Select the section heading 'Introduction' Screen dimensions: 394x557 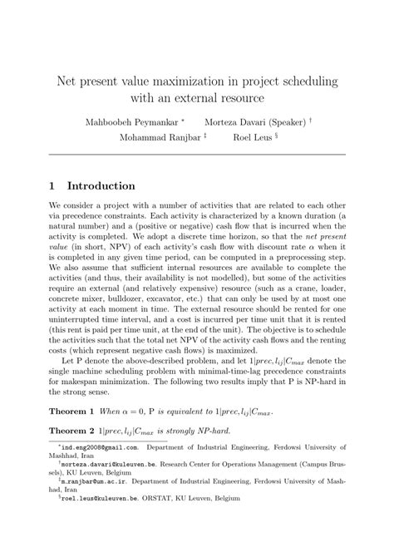(x=101, y=185)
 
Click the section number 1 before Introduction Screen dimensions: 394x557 (x=52, y=185)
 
